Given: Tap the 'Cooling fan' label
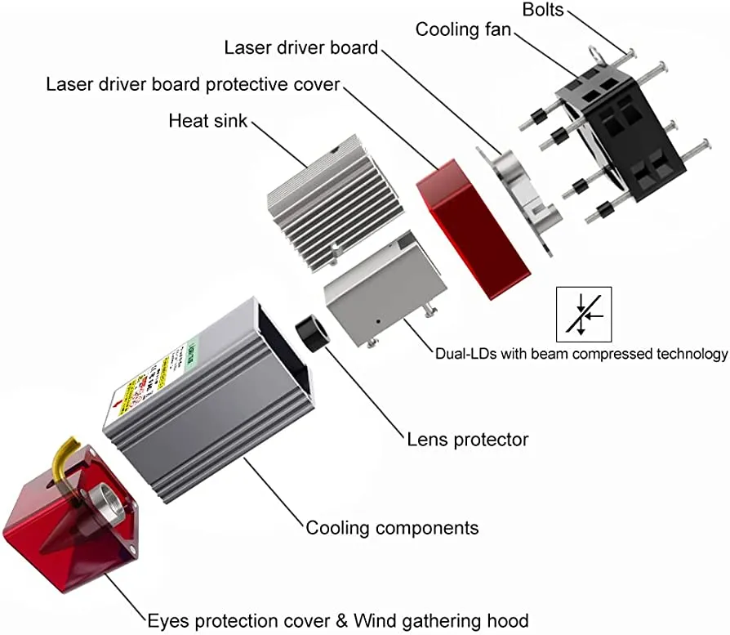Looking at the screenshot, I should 463,29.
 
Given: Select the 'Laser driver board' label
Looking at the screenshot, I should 301,48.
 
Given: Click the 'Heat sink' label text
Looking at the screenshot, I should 207,121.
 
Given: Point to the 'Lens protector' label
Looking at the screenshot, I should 468,440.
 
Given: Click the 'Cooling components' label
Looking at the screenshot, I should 392,527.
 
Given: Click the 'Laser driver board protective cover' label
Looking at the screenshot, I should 193,84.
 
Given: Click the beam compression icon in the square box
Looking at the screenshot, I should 583,314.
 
